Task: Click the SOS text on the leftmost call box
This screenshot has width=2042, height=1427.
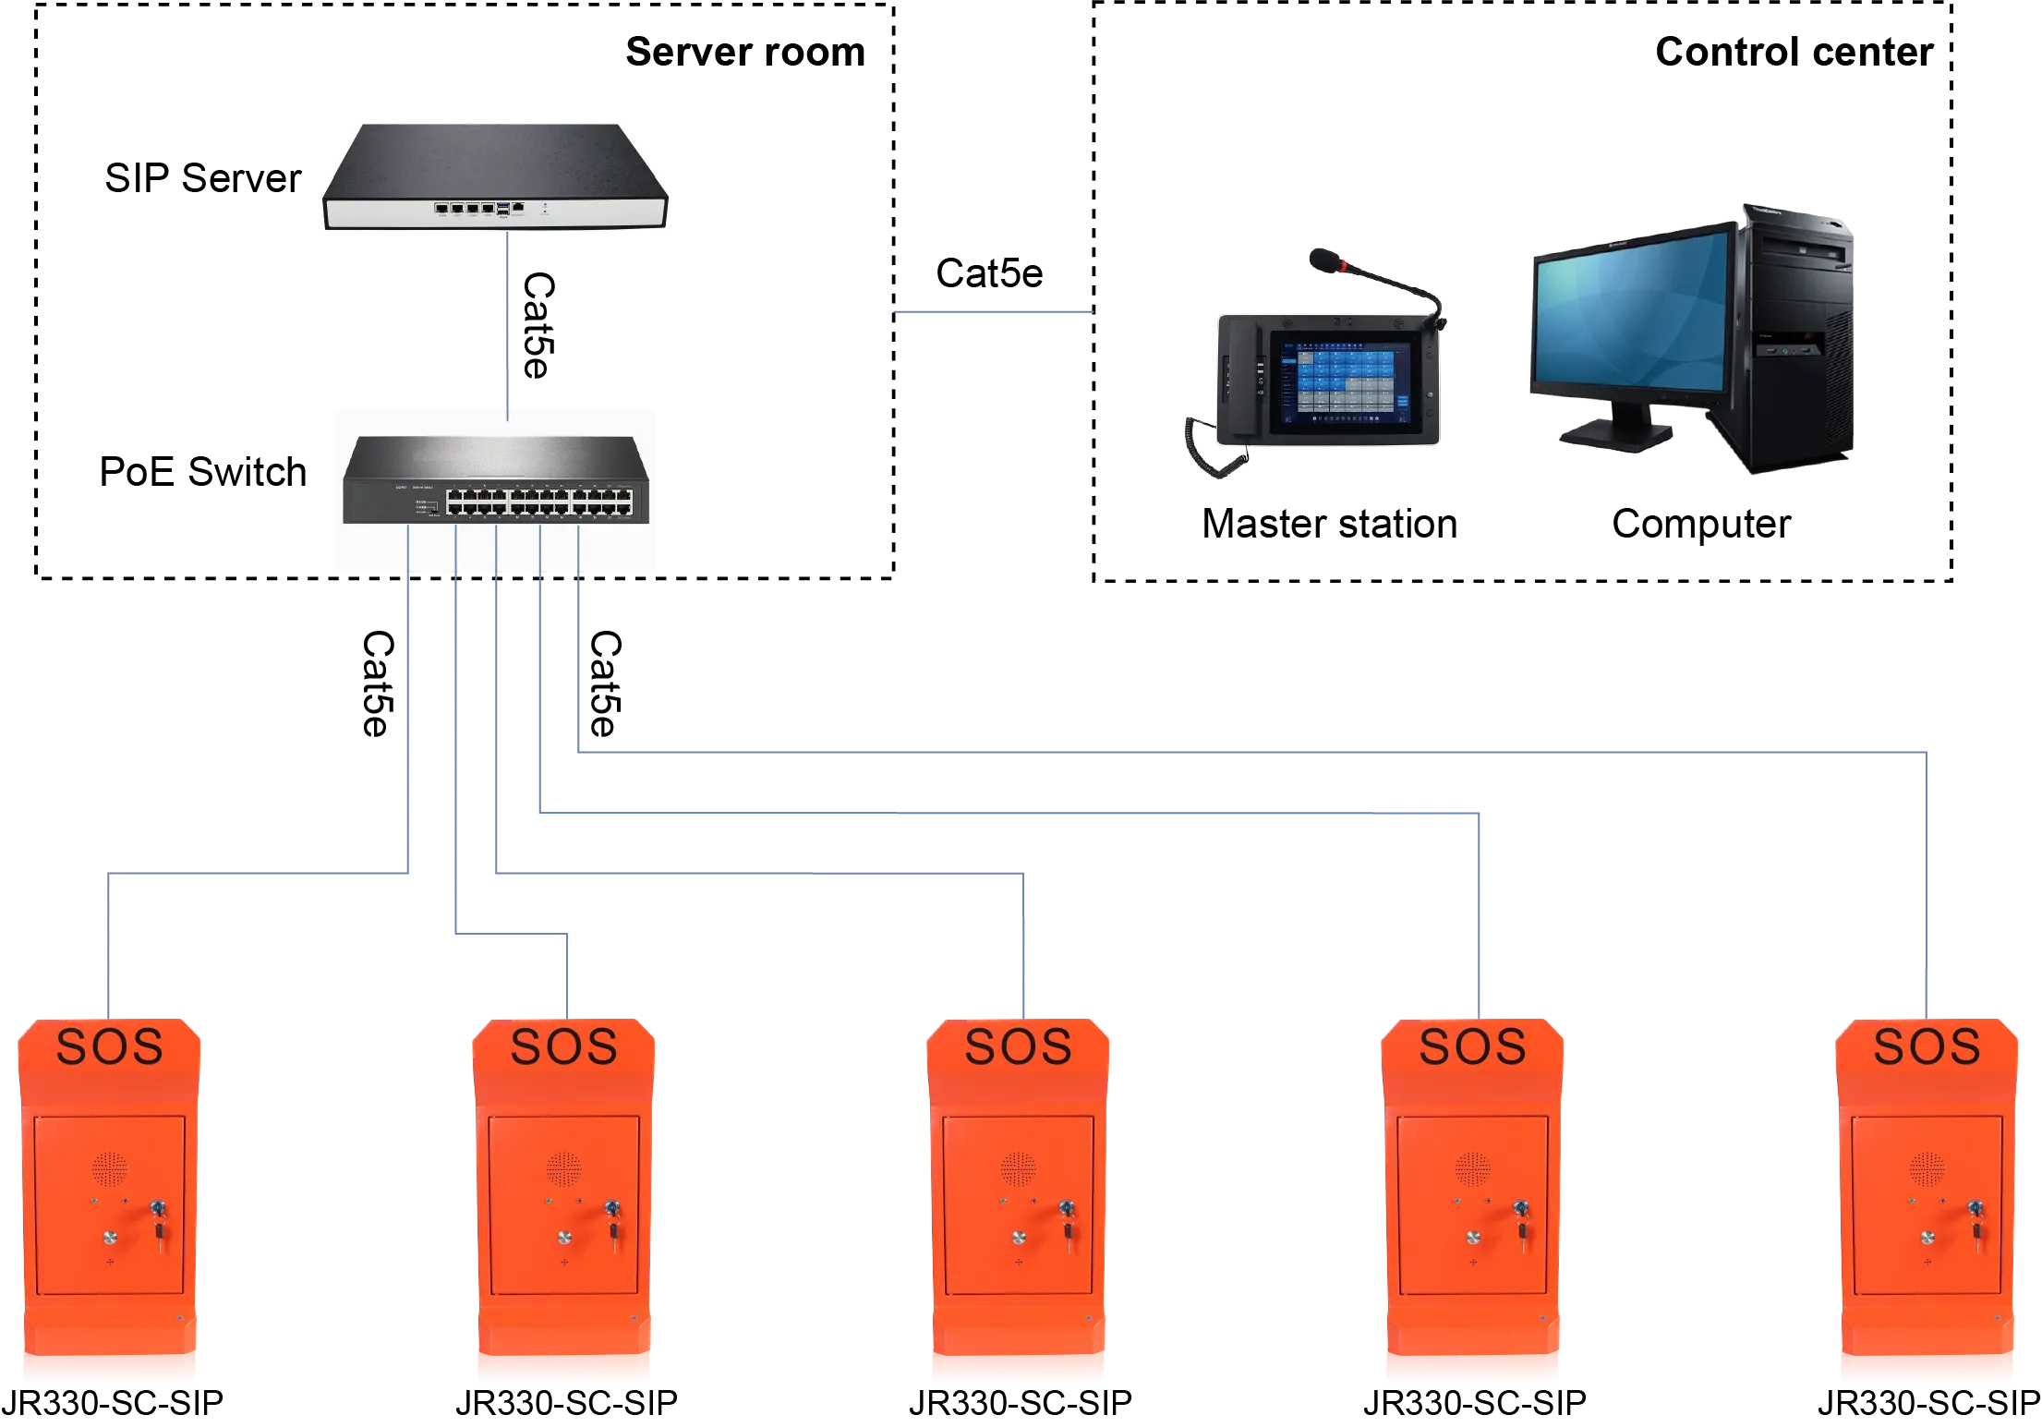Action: pyautogui.click(x=109, y=1046)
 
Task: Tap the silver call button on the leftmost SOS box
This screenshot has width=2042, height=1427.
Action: pyautogui.click(x=110, y=1238)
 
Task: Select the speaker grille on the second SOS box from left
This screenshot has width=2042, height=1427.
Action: pyautogui.click(x=563, y=1169)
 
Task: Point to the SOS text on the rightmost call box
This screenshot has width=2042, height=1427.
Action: pyautogui.click(x=1927, y=1046)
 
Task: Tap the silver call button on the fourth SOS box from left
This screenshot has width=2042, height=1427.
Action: pyautogui.click(x=1473, y=1238)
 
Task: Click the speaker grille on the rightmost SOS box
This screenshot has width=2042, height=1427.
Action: pyautogui.click(x=1927, y=1169)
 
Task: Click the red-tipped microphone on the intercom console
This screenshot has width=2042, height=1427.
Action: pyautogui.click(x=1326, y=259)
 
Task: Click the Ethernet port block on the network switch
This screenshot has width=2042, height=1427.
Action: pyautogui.click(x=539, y=502)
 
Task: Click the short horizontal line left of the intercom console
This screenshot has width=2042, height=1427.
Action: pyautogui.click(x=993, y=314)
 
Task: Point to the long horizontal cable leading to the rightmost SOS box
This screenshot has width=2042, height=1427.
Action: pyautogui.click(x=1247, y=749)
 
